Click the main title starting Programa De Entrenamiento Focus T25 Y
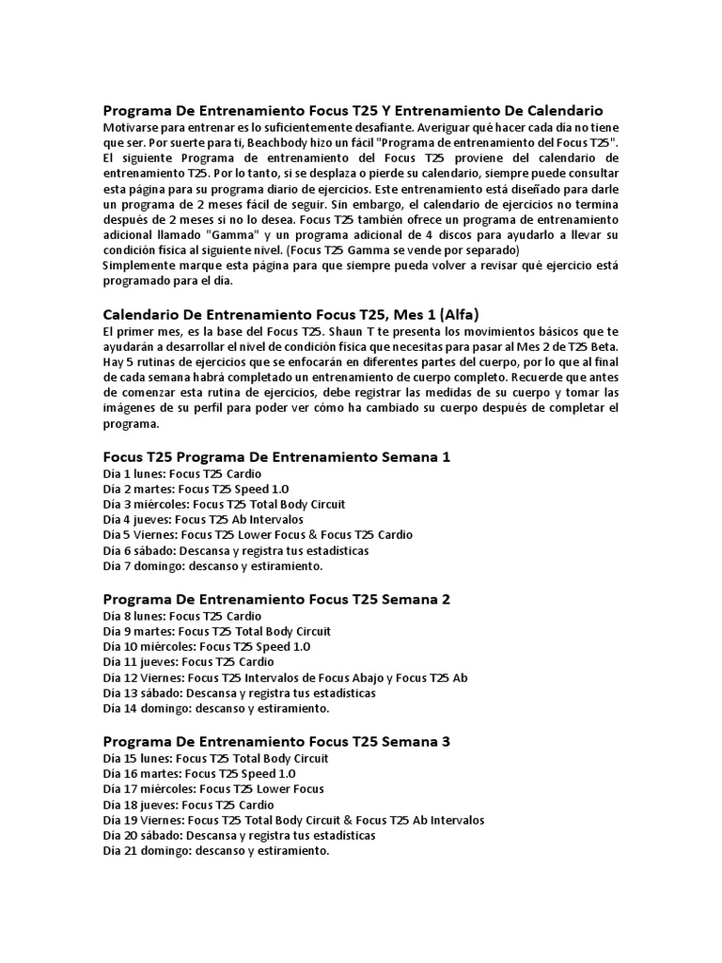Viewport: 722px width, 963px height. point(353,110)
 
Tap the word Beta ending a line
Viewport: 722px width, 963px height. point(603,347)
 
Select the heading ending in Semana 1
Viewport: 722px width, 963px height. point(276,456)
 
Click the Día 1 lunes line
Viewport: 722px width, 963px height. point(181,474)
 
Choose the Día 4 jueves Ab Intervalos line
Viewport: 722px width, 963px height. point(202,519)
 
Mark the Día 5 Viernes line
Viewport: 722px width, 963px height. point(257,534)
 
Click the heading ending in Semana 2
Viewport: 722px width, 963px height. point(276,598)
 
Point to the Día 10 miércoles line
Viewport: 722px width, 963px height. point(206,647)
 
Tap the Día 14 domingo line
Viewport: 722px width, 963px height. point(216,707)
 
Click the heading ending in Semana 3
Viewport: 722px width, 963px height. point(276,741)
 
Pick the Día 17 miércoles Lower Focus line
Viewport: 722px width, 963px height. point(212,789)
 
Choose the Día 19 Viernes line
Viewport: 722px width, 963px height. point(293,820)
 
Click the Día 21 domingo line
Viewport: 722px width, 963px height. point(216,850)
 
